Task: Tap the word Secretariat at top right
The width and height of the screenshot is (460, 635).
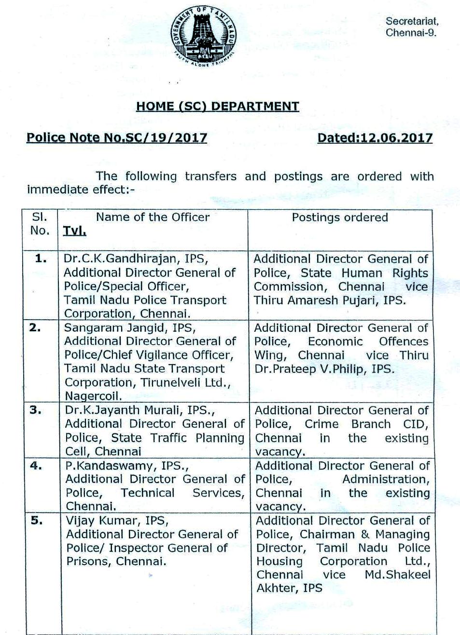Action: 412,21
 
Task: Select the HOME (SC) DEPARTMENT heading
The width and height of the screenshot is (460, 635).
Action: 217,106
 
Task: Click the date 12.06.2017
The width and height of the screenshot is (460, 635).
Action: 394,138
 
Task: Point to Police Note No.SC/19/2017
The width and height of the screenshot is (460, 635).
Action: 117,138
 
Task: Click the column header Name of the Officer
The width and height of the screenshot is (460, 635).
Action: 153,217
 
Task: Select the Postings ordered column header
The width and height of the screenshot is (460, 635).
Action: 340,217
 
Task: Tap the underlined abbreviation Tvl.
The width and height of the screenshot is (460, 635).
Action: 74,231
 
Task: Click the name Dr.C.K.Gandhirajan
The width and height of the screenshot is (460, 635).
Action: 126,259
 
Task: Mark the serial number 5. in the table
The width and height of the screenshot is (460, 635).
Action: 37,521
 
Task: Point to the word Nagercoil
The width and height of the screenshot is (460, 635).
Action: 93,396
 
